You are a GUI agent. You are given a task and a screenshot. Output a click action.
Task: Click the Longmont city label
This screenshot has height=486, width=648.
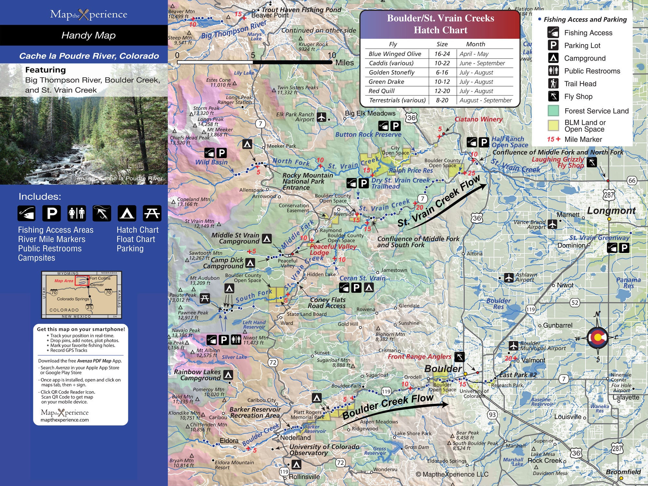click(611, 211)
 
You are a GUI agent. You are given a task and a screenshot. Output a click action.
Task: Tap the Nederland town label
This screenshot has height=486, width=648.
click(295, 438)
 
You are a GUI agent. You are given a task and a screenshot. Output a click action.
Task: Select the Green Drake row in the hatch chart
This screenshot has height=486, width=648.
click(440, 82)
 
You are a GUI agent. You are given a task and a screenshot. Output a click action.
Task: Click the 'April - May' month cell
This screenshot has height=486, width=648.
click(474, 54)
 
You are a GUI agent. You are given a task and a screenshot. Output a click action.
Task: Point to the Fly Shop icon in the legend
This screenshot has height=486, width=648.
click(553, 96)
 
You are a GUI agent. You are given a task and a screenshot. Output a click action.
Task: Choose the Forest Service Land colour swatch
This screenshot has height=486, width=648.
click(553, 111)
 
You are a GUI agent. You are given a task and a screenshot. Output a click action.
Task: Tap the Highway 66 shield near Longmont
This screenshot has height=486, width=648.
click(632, 180)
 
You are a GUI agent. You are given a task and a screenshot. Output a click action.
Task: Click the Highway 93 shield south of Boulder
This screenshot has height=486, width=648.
click(492, 414)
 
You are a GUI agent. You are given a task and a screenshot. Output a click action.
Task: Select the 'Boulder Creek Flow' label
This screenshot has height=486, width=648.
click(388, 406)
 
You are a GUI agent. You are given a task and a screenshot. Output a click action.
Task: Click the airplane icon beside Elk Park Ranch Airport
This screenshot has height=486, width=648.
click(321, 117)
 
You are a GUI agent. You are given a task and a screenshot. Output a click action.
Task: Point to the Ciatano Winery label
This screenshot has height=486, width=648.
click(478, 119)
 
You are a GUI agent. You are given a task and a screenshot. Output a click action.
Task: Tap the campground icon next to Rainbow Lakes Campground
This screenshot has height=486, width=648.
click(228, 375)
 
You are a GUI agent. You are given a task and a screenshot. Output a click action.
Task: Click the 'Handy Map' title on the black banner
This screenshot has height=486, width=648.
click(88, 35)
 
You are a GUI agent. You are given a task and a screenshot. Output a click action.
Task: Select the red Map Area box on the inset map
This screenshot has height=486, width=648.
click(82, 281)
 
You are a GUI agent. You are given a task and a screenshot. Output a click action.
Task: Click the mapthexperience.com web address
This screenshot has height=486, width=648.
click(64, 420)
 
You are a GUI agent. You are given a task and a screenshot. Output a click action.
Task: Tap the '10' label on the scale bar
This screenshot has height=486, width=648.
click(332, 55)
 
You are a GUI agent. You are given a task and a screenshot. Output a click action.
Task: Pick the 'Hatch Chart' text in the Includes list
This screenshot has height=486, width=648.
click(137, 230)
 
